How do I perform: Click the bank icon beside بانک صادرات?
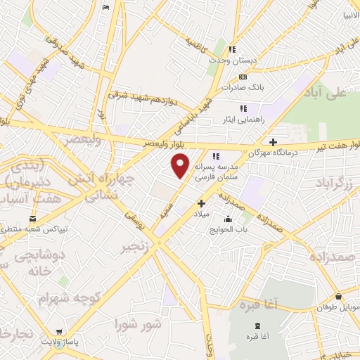click(243, 77)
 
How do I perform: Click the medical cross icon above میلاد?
click(200, 202)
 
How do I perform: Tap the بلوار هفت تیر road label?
click(333, 148)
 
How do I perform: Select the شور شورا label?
click(138, 325)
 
